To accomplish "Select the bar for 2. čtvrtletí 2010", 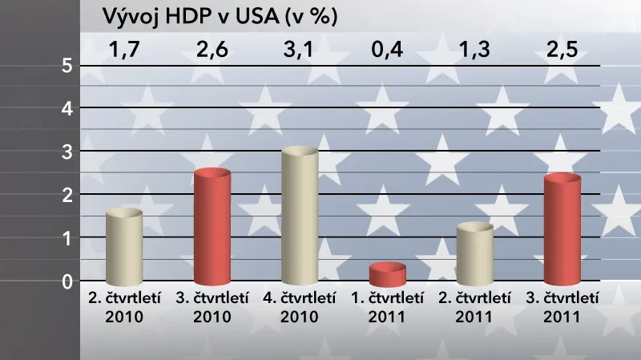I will [x=124, y=248].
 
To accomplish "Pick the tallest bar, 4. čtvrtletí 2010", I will [x=300, y=216].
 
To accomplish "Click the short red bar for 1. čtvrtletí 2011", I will [x=388, y=275].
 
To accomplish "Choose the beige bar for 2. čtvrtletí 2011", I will [x=475, y=254].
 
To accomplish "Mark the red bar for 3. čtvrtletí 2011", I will [x=562, y=231].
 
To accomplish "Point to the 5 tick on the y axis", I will [x=67, y=67].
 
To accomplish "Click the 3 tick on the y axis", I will [x=67, y=152].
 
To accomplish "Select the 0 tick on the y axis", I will [x=67, y=281].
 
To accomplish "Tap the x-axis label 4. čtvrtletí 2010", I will [x=300, y=306].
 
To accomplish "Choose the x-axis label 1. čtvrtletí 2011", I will [x=388, y=306].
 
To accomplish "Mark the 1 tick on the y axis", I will [x=67, y=238].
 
